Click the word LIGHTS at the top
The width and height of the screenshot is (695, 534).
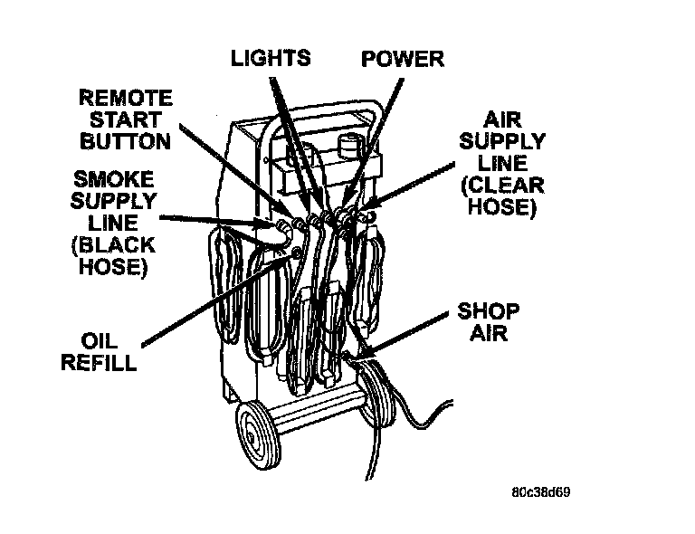[271, 59]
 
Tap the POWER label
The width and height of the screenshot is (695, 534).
[403, 60]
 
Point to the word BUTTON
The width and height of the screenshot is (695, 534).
[125, 141]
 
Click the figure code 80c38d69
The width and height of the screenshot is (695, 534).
[539, 493]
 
